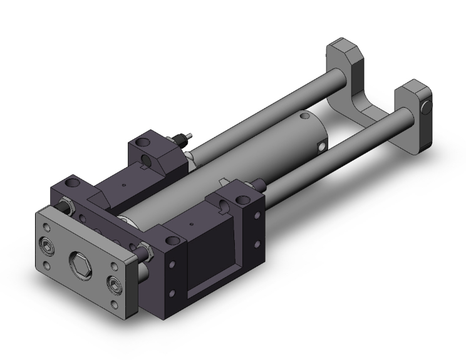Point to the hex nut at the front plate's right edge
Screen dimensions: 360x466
(148, 252)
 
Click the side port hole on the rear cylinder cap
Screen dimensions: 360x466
(322, 147)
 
